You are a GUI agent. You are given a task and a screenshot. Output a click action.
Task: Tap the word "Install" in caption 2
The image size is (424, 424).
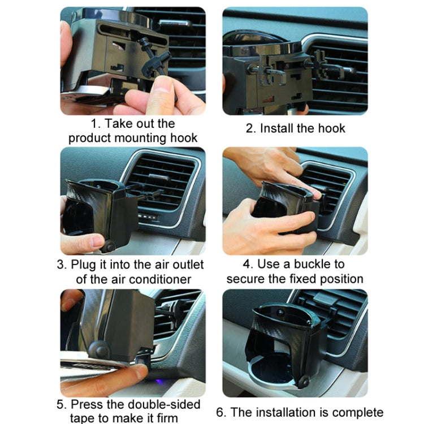point(278,128)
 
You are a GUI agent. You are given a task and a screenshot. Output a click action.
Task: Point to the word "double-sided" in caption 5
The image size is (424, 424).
point(167,405)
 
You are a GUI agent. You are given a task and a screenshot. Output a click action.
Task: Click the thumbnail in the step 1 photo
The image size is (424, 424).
point(164,88)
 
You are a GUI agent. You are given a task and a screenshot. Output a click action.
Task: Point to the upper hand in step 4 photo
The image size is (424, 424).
point(271,167)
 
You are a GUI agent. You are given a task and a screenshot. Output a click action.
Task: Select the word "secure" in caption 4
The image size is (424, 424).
point(246,279)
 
